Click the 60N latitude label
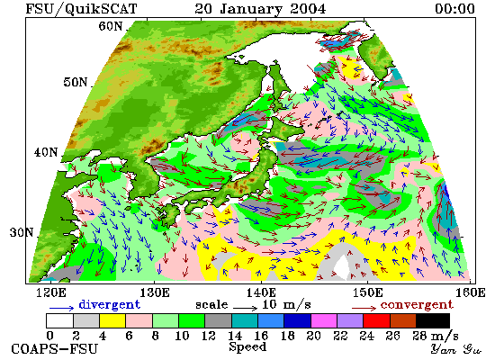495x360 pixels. (111, 26)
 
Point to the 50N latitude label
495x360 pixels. (75, 82)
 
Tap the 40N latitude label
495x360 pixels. (46, 152)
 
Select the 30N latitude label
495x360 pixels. (22, 232)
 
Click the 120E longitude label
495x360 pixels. (51, 292)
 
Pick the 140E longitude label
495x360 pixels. (261, 292)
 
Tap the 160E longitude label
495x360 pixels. (471, 292)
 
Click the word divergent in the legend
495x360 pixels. (109, 304)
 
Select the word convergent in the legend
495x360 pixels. (417, 304)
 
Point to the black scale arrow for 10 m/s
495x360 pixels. (246, 308)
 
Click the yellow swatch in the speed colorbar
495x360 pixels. (112, 320)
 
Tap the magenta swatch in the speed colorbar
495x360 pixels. (324, 320)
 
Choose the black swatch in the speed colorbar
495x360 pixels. (433, 320)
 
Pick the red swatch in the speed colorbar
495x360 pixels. (376, 320)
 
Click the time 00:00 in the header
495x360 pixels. (454, 8)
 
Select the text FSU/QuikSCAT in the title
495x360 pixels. (81, 9)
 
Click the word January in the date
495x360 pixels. (251, 9)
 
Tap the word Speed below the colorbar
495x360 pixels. (247, 346)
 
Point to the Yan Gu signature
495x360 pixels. (456, 349)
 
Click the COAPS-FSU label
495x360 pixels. (54, 349)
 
